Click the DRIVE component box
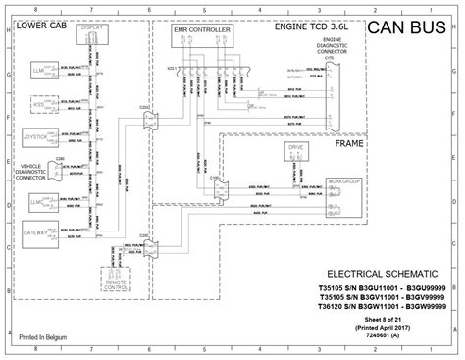pyautogui.click(x=297, y=151)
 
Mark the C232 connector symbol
pyautogui.click(x=148, y=118)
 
